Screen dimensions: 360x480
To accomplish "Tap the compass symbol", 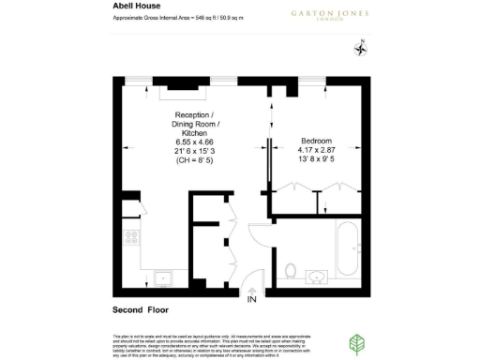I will coord(360,49).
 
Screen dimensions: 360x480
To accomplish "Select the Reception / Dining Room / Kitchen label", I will coord(196,126).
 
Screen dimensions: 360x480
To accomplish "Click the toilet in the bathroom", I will coord(292,273).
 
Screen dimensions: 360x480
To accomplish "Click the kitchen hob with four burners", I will coord(131,238).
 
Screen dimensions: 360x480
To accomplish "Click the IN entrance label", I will coord(251,300).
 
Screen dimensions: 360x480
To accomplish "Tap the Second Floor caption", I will coord(140,309).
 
